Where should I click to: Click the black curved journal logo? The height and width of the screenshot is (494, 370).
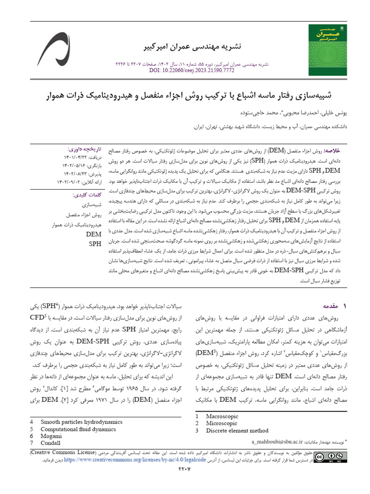point(53,49)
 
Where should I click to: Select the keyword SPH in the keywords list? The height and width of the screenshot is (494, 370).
point(95,244)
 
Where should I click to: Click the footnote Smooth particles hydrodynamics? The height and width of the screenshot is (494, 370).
point(81,422)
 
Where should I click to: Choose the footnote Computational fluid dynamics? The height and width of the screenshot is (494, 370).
point(79,429)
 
